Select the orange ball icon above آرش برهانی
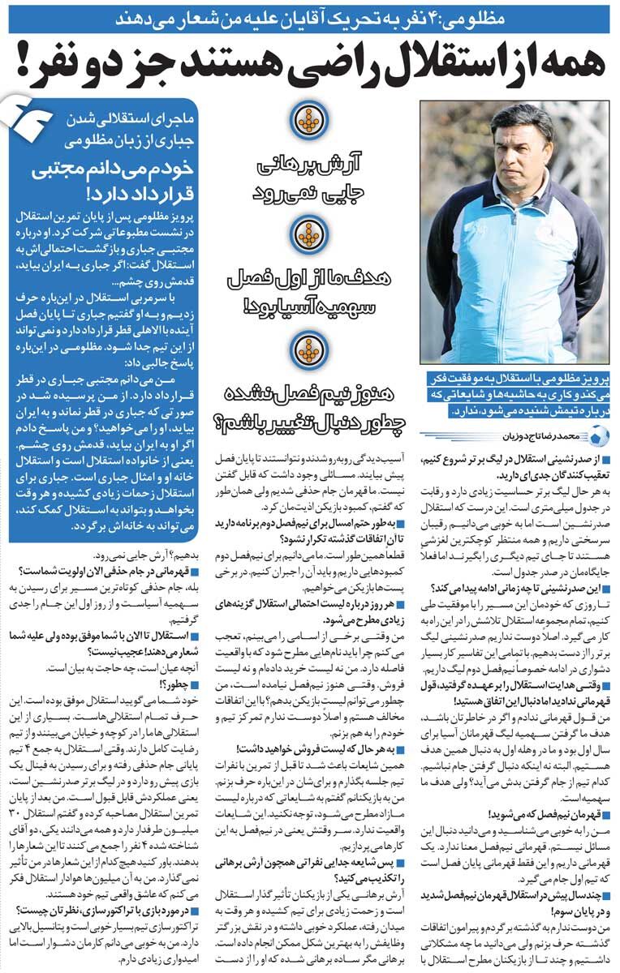point(310,121)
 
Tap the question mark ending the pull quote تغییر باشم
point(219,423)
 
